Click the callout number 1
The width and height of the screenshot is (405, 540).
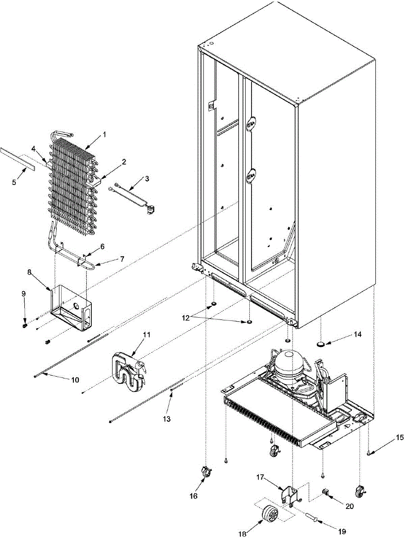(104, 134)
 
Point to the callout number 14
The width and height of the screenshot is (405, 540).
(357, 335)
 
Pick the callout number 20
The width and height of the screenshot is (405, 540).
(350, 506)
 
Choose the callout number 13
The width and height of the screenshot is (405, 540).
(167, 418)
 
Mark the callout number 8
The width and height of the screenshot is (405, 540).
(41, 284)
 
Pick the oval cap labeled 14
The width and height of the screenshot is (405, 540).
(321, 344)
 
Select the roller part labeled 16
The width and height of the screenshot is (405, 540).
(205, 472)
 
